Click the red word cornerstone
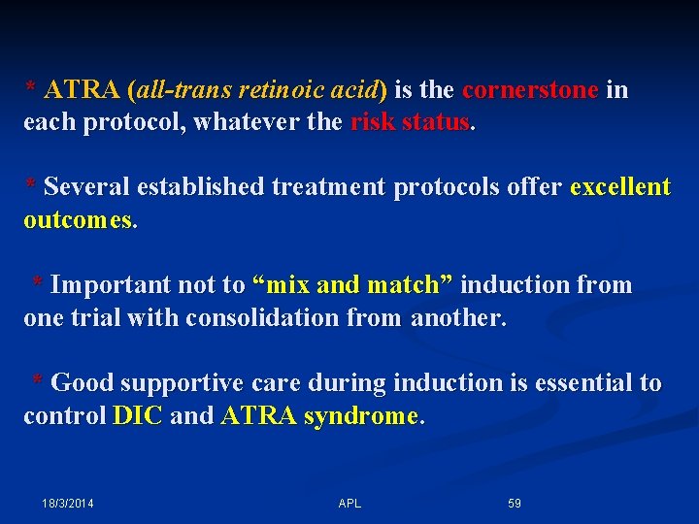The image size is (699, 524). click(x=530, y=90)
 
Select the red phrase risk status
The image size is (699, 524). click(x=410, y=122)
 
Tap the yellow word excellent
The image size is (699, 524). click(x=620, y=187)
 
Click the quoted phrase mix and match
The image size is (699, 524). click(x=352, y=285)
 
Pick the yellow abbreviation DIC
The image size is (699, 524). click(x=138, y=415)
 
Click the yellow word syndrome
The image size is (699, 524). click(x=360, y=415)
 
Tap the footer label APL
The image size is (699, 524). click(x=349, y=504)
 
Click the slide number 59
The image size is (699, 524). click(x=515, y=504)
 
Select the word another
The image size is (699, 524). click(x=456, y=317)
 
